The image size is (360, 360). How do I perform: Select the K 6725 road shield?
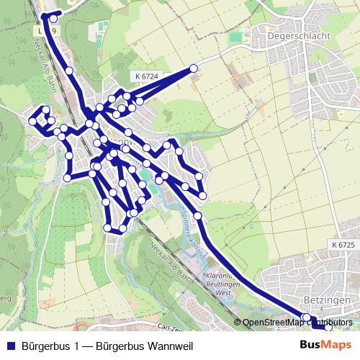pos(344,246)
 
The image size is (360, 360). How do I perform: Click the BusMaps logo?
pos(326,345)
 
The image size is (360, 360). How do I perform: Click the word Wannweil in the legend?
pos(171,346)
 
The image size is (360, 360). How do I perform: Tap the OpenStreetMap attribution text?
pos(297,323)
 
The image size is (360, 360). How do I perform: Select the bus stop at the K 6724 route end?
pos(193,68)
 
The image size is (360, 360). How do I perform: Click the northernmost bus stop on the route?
pos(56,14)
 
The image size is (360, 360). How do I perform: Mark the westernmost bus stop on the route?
pos(32,122)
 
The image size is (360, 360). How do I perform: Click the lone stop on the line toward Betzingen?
pos(197,215)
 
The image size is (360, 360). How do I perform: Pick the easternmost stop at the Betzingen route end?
pos(329,327)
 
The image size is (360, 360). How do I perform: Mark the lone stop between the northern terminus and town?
pos(69,71)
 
